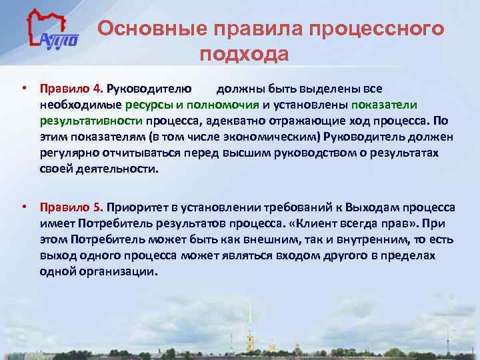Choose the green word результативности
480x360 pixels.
[91, 121]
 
